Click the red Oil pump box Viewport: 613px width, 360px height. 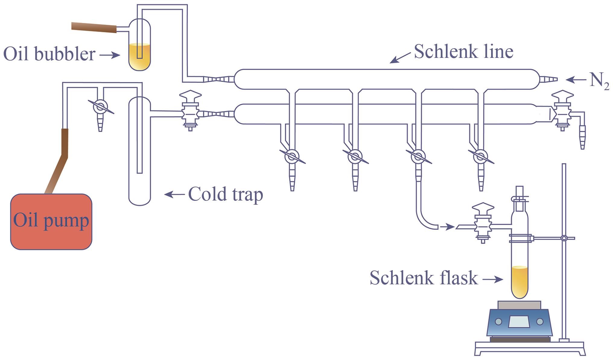coord(51,222)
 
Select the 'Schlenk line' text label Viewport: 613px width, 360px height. coord(463,52)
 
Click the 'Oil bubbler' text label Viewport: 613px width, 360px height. coord(49,54)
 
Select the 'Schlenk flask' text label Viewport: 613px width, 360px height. coord(424,278)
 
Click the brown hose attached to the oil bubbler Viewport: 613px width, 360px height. coord(94,27)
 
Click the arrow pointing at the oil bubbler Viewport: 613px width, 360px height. coord(110,55)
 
